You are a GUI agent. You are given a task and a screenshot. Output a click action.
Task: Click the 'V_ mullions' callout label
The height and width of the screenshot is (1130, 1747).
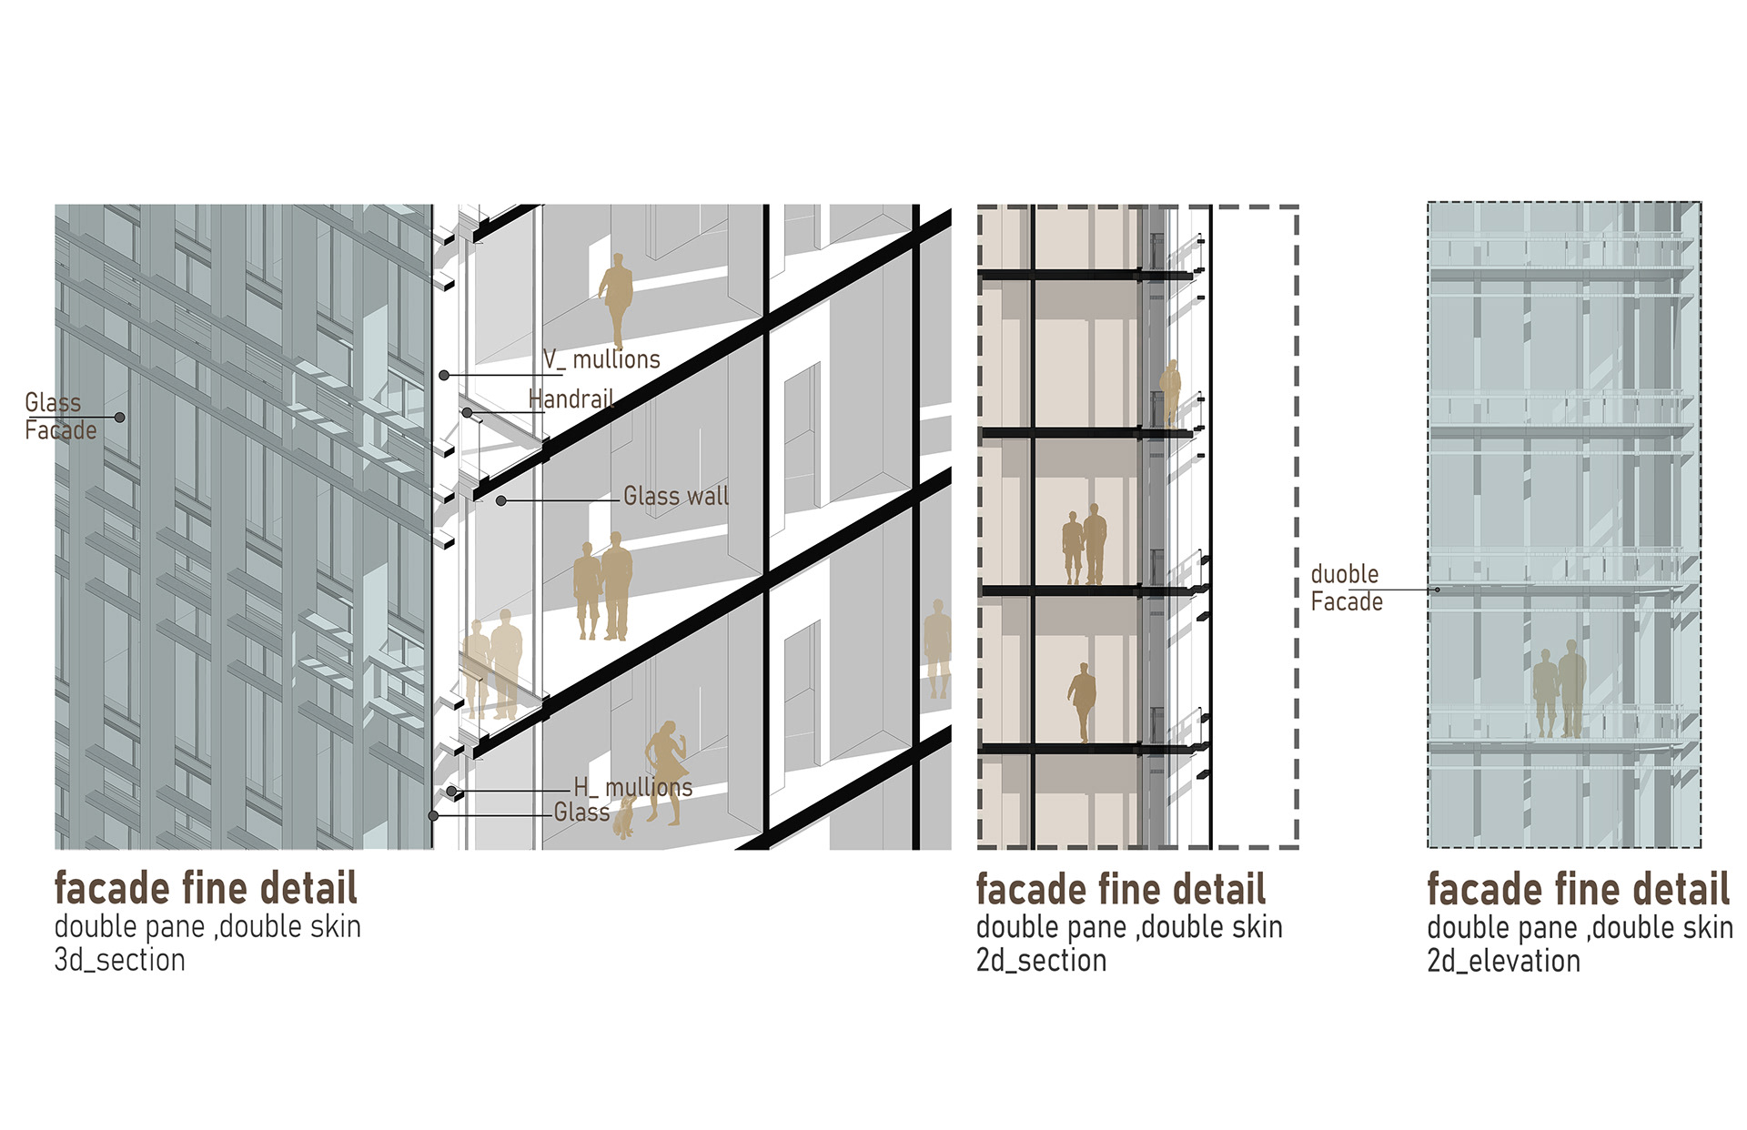tap(601, 359)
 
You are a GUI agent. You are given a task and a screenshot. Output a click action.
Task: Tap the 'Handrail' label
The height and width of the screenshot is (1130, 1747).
tap(571, 399)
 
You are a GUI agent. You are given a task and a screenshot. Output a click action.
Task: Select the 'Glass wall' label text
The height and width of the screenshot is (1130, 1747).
tap(676, 496)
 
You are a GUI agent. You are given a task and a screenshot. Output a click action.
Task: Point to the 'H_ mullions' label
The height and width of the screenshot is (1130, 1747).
tap(632, 787)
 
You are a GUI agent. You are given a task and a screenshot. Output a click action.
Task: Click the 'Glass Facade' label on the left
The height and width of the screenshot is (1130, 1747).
tap(60, 417)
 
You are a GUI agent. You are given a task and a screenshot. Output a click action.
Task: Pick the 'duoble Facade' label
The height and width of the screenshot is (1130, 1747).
tap(1347, 588)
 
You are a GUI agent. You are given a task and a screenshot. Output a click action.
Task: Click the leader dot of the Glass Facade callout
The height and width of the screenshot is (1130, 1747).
tap(120, 418)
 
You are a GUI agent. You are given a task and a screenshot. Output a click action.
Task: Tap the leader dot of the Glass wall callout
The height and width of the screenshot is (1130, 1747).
tap(500, 500)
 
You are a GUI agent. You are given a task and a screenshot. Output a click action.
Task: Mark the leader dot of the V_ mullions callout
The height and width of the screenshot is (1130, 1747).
tap(444, 375)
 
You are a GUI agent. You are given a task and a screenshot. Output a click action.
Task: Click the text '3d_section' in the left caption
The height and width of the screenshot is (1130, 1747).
tap(119, 960)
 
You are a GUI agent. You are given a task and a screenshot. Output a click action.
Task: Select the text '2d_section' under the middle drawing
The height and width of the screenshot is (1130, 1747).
tap(1041, 960)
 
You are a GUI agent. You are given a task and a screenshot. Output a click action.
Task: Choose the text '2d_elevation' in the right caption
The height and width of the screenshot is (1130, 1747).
tap(1503, 961)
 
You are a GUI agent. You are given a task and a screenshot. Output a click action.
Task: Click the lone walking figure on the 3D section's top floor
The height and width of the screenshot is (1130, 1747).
tap(616, 300)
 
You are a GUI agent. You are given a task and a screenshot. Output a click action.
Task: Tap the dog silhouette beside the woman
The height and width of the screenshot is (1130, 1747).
tap(624, 817)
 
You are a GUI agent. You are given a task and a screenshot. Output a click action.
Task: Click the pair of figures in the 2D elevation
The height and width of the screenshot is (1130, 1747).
tap(1560, 689)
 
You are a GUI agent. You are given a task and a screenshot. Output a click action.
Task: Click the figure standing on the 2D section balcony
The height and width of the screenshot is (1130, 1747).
tap(1170, 393)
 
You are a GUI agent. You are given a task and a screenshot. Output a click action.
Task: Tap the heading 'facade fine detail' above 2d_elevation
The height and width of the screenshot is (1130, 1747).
tap(1578, 889)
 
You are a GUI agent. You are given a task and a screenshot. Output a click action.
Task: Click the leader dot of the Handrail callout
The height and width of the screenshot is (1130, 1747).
tap(467, 413)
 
